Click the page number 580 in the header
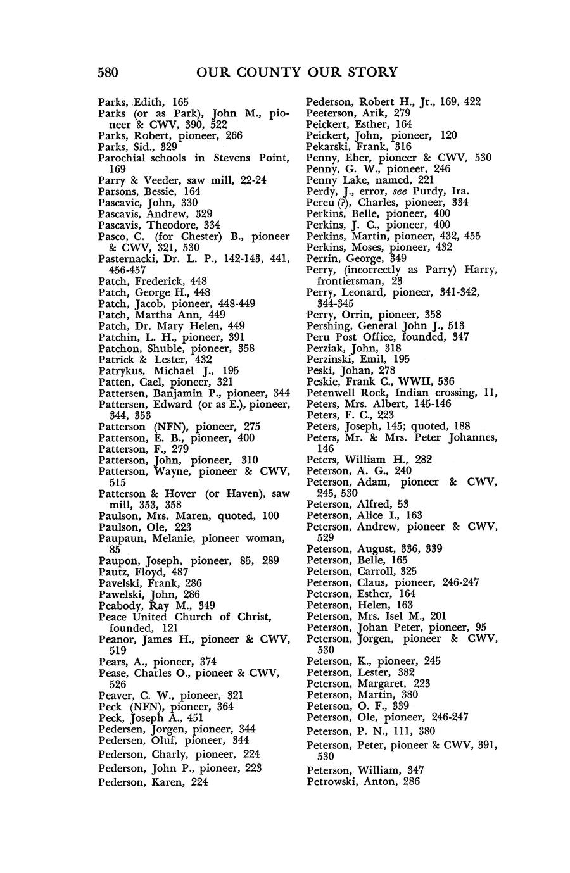tap(108, 72)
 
